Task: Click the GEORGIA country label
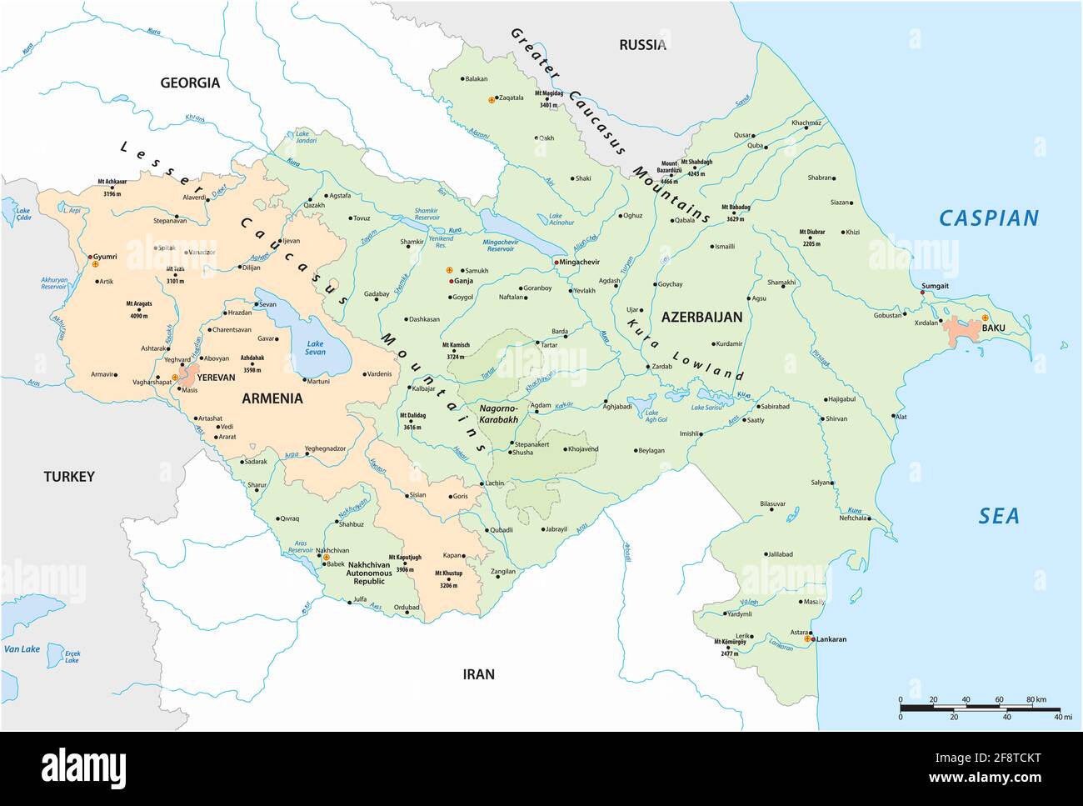click(190, 83)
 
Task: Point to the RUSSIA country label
click(641, 45)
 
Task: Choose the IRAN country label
click(479, 673)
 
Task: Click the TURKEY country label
click(69, 477)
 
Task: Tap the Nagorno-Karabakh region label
click(498, 414)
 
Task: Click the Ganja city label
click(463, 281)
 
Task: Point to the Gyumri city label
click(104, 256)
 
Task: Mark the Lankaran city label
click(831, 639)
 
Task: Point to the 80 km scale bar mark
click(1036, 699)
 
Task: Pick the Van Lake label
click(22, 649)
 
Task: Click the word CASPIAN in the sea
click(989, 218)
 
